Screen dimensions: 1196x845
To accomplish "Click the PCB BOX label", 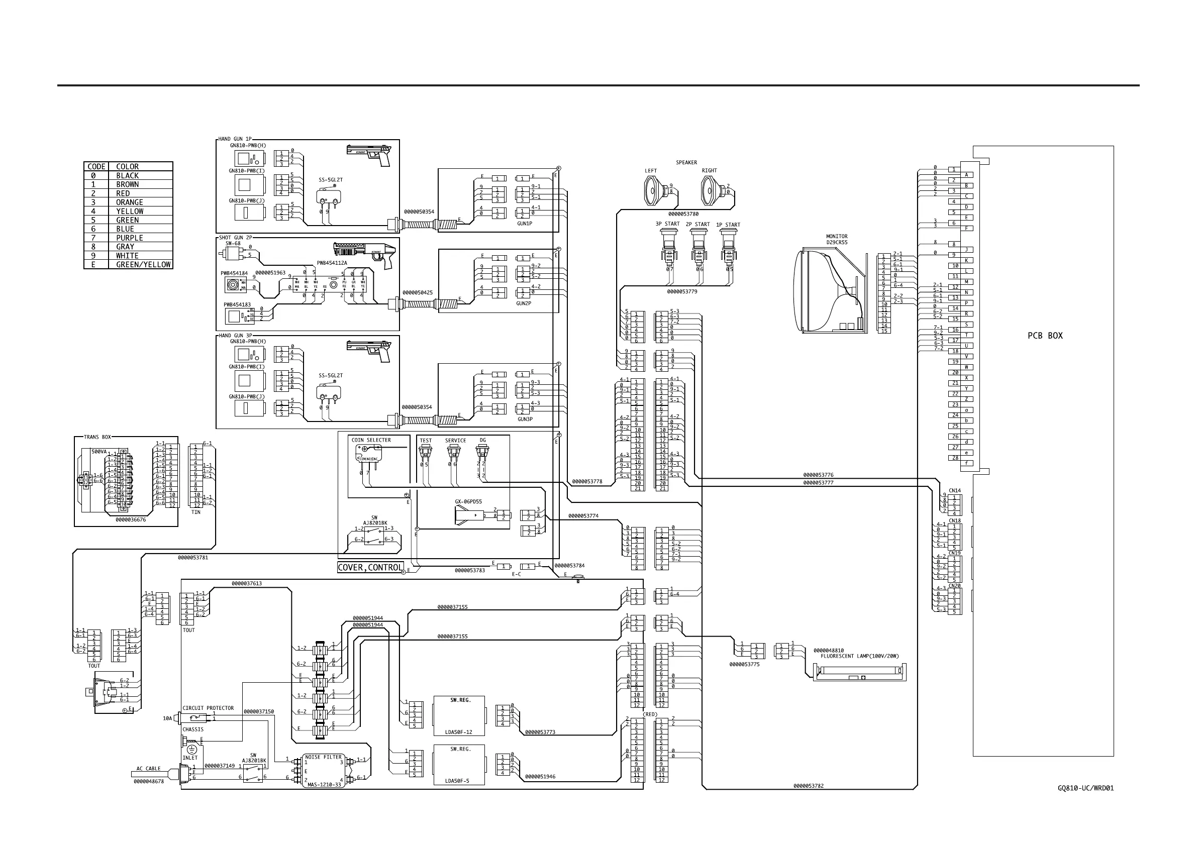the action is [x=1045, y=336].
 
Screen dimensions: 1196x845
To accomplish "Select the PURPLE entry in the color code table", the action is [x=129, y=238].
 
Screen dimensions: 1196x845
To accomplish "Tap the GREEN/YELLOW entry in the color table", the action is [x=143, y=264].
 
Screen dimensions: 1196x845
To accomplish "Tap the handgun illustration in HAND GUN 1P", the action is [x=369, y=155].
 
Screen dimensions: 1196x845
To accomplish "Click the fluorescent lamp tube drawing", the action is [x=859, y=672].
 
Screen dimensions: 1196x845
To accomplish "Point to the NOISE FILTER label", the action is [x=323, y=757].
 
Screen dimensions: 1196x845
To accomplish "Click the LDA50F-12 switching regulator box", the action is [x=459, y=716].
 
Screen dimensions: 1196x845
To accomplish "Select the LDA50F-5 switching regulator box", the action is [x=459, y=765].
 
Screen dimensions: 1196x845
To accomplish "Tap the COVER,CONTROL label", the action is [x=370, y=568].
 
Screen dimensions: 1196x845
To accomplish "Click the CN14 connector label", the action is [x=954, y=490].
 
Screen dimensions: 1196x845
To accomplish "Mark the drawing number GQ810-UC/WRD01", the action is [x=1085, y=788].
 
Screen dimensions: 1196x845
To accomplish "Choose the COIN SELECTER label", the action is [x=371, y=440].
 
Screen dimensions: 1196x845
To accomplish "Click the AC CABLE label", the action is [x=148, y=769].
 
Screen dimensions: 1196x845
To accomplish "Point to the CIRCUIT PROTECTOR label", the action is [x=208, y=708].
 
